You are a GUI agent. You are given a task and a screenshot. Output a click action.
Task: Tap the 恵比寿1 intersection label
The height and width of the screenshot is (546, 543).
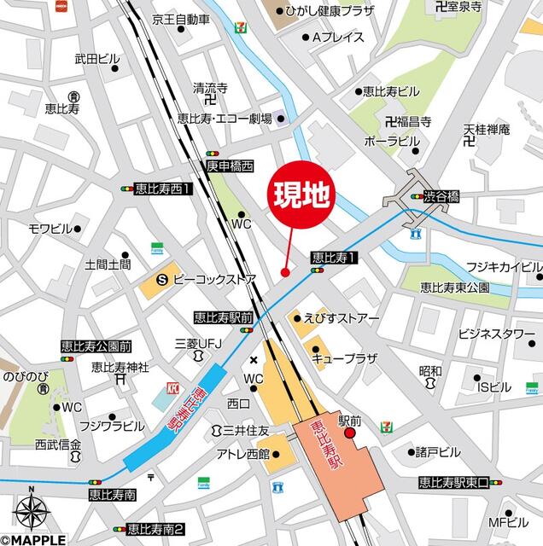tap(333, 257)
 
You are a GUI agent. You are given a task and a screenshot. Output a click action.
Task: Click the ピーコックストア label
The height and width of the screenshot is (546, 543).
tap(215, 278)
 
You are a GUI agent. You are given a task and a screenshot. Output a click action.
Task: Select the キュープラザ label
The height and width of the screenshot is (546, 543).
tap(344, 358)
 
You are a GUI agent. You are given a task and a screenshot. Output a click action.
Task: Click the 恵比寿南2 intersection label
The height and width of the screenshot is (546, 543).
tap(155, 528)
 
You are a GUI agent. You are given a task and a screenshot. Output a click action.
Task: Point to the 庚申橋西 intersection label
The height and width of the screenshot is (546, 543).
tap(230, 165)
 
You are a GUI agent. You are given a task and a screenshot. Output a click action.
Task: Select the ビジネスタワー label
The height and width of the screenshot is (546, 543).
tap(496, 333)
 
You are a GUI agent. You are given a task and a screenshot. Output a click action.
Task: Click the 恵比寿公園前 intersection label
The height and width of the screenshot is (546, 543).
tap(96, 346)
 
